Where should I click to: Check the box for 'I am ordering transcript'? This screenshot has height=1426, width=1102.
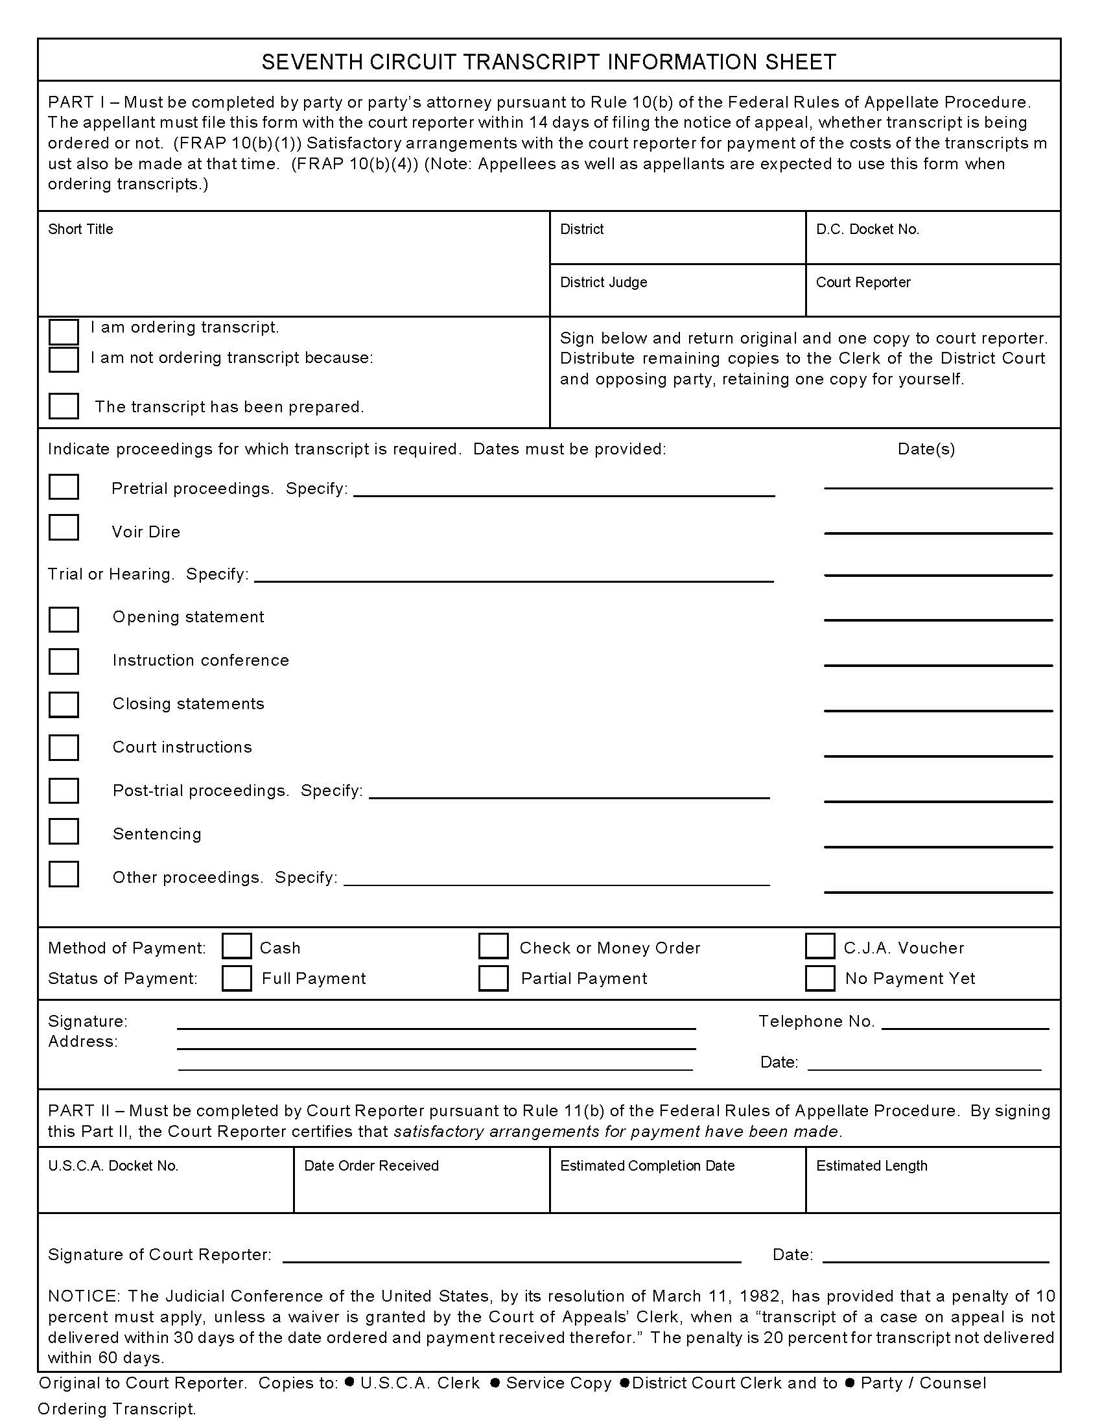click(x=64, y=331)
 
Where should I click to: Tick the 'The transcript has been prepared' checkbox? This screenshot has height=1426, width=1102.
click(x=64, y=406)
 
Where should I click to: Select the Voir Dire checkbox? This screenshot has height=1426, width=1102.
click(x=64, y=528)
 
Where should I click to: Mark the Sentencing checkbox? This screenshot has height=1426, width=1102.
click(x=64, y=831)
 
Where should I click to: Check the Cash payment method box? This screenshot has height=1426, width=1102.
click(x=237, y=946)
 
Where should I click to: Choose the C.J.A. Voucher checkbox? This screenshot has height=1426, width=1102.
click(x=819, y=946)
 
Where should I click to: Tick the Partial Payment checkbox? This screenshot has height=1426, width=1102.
click(x=493, y=978)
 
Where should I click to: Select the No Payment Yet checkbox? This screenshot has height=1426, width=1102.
click(x=819, y=978)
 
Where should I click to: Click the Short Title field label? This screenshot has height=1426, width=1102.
click(x=80, y=229)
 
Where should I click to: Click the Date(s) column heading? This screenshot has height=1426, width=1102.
click(x=926, y=449)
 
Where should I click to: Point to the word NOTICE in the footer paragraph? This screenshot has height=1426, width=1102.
click(x=83, y=1296)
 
